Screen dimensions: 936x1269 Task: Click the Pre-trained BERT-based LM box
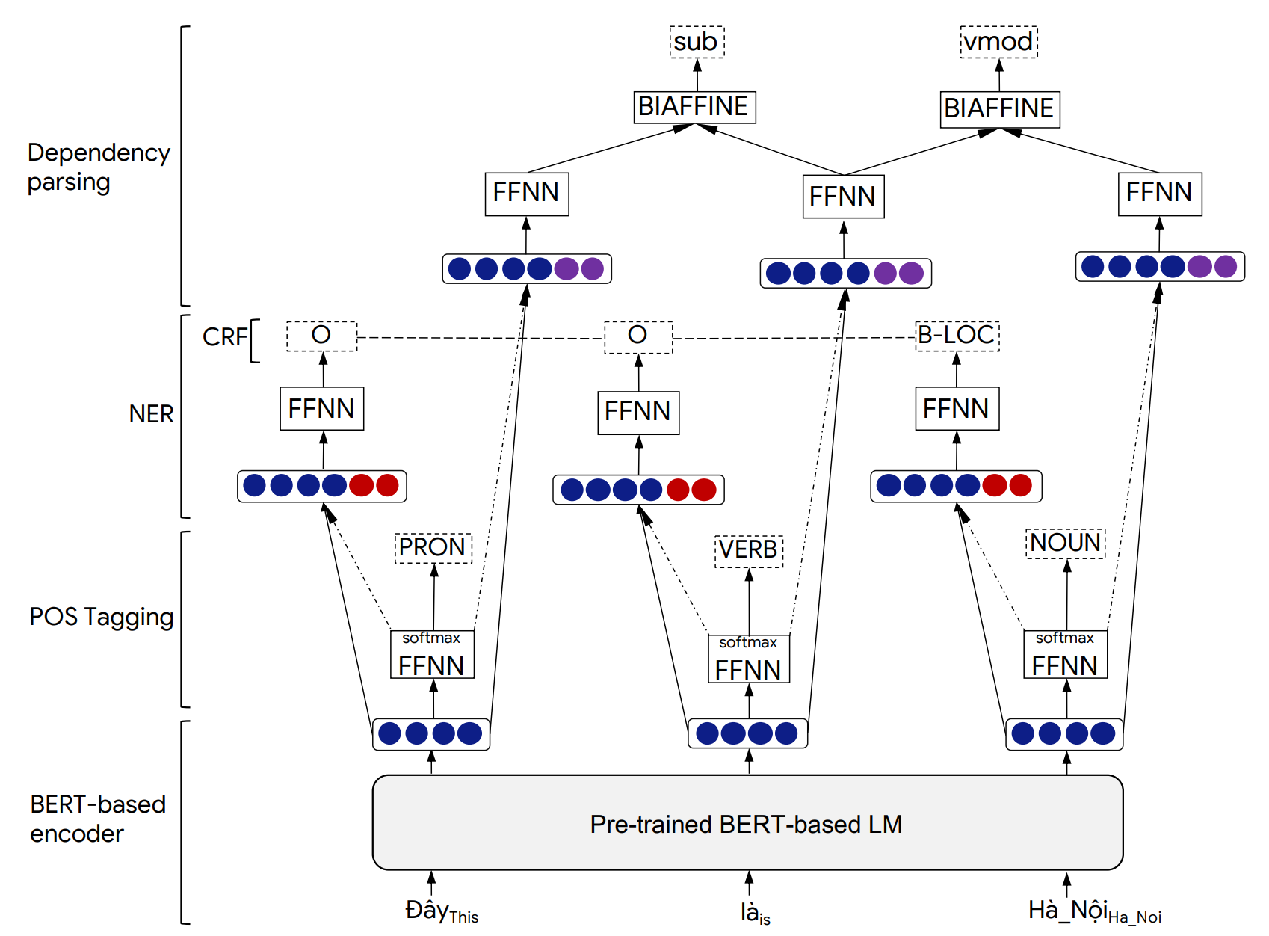747,822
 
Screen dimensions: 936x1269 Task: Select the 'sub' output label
697,42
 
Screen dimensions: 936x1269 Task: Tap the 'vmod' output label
998,42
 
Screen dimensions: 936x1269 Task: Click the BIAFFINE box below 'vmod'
999,108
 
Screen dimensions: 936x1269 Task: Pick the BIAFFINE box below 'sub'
694,106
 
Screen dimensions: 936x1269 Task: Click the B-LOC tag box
957,335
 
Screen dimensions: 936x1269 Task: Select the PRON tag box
433,547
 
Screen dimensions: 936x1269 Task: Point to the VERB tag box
748,550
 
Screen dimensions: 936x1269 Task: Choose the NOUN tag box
1066,543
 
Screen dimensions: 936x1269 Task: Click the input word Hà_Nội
1069,910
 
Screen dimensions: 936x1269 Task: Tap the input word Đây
427,910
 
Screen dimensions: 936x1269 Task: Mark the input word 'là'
750,911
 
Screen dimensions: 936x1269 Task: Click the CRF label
224,337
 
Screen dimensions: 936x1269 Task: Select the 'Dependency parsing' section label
99,167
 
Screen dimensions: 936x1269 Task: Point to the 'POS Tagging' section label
102,617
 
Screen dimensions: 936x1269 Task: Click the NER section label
151,413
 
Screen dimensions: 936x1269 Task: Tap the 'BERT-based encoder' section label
98,819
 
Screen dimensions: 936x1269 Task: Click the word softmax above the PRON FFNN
431,638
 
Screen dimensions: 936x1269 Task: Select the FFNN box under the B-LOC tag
957,409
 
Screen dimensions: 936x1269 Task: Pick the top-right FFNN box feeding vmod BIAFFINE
1159,193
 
